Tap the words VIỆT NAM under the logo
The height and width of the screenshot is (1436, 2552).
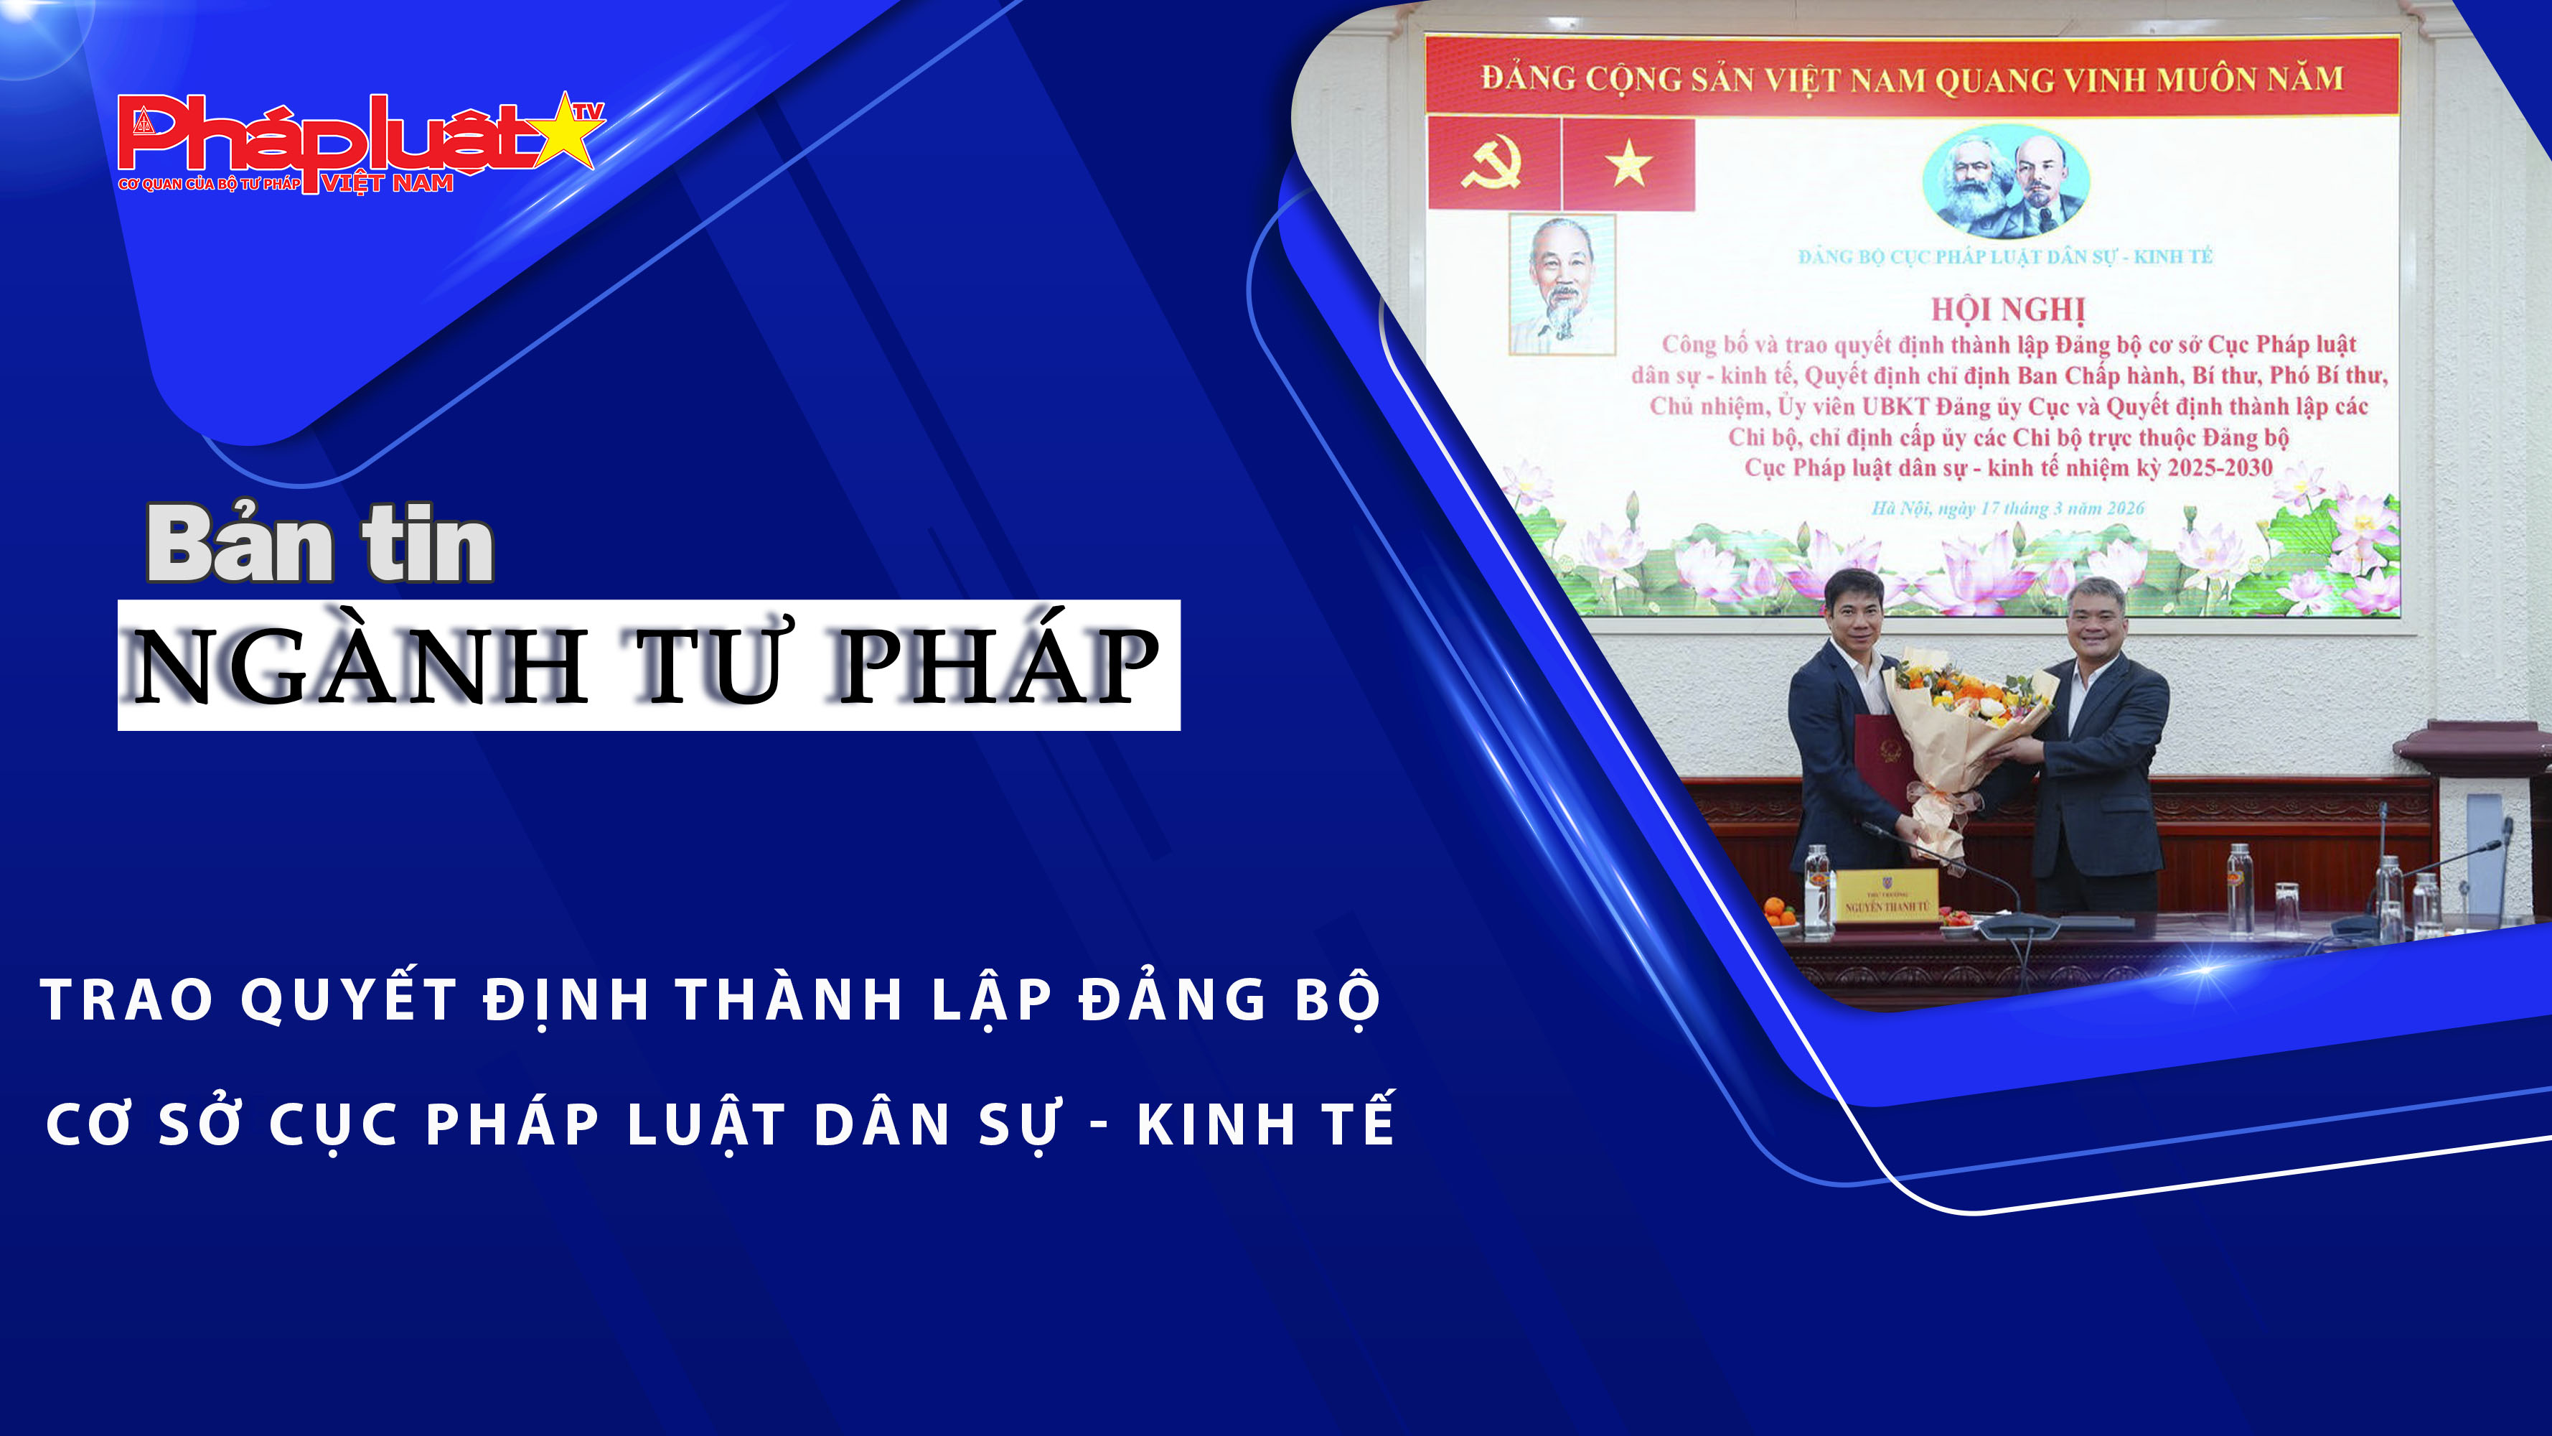[388, 183]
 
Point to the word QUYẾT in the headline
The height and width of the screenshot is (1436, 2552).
[348, 999]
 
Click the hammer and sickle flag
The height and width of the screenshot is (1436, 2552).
[1493, 164]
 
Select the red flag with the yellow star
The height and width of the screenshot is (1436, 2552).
[1628, 164]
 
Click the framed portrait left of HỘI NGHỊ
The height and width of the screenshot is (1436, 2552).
[1562, 284]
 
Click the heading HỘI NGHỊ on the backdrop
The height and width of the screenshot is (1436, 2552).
[2008, 309]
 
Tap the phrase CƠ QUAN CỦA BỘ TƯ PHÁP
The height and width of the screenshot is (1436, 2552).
[208, 185]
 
